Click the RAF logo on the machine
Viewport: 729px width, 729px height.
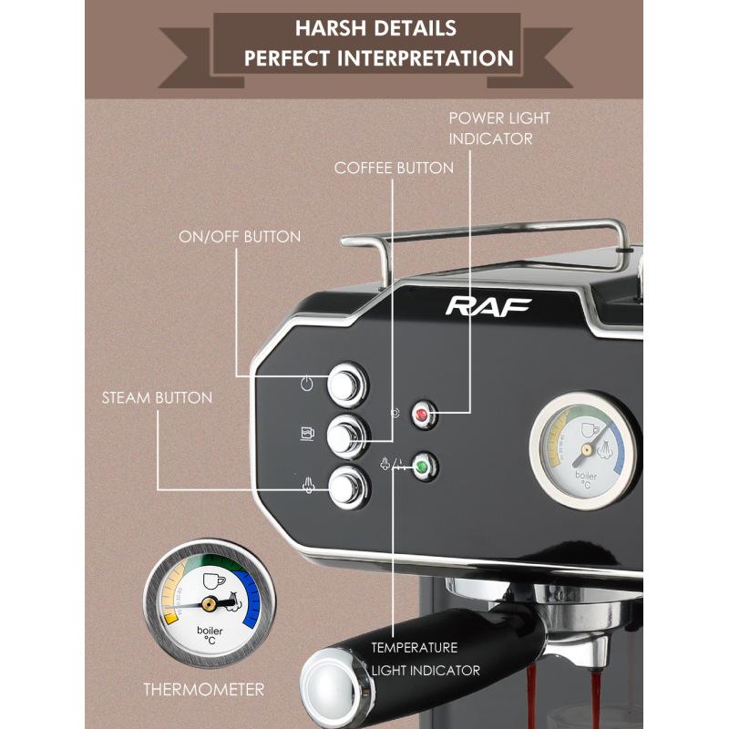pyautogui.click(x=488, y=306)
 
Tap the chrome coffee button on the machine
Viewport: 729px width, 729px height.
pyautogui.click(x=347, y=434)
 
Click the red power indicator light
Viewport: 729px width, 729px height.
pyautogui.click(x=422, y=416)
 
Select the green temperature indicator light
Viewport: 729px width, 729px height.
pyautogui.click(x=422, y=468)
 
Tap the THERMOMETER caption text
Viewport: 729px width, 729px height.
pyautogui.click(x=203, y=689)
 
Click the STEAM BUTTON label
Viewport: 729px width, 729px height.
pyautogui.click(x=157, y=397)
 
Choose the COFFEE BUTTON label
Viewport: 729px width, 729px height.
pyautogui.click(x=394, y=168)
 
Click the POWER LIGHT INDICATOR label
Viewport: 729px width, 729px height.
pyautogui.click(x=499, y=128)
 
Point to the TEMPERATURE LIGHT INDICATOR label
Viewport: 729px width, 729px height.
pyautogui.click(x=425, y=659)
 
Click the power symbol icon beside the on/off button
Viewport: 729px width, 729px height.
pyautogui.click(x=308, y=384)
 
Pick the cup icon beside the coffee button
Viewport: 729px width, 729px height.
pyautogui.click(x=307, y=433)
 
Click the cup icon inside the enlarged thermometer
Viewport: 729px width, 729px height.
pyautogui.click(x=212, y=580)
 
